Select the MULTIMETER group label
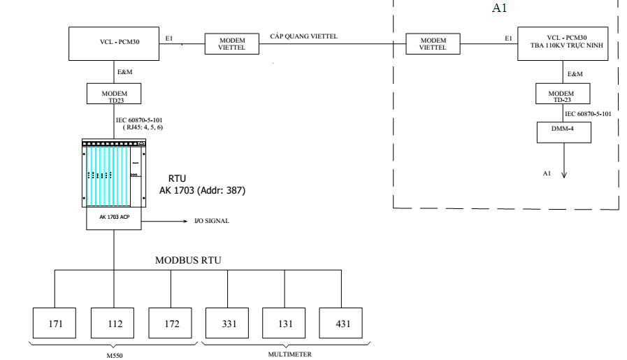tap(285, 354)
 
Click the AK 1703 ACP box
tap(113, 219)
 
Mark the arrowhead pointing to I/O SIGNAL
tap(182, 219)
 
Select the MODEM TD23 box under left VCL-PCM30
tap(113, 93)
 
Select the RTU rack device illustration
tap(113, 173)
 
